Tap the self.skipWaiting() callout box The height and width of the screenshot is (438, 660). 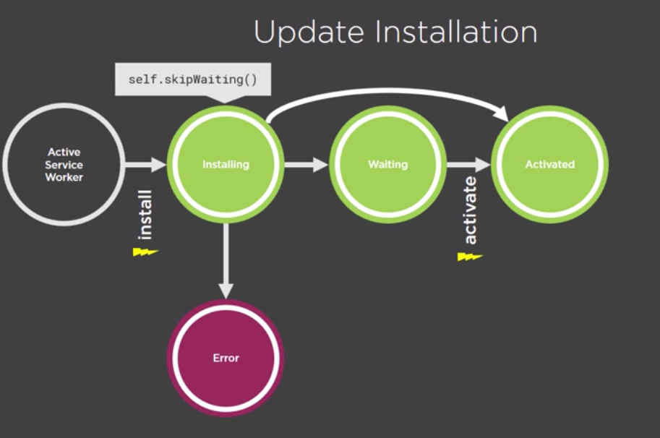(193, 78)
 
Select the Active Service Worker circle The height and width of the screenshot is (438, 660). (64, 164)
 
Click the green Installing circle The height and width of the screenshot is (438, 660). (226, 164)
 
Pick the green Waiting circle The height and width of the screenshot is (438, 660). (387, 164)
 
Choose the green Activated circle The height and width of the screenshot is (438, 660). (549, 164)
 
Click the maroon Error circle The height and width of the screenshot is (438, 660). (226, 358)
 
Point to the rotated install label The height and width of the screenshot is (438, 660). (145, 214)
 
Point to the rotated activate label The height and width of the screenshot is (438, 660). (471, 210)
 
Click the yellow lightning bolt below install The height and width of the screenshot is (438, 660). (145, 252)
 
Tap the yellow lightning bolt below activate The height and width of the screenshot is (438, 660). (469, 256)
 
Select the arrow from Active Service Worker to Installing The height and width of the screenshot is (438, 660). (145, 165)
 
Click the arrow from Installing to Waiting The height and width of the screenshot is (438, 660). (307, 165)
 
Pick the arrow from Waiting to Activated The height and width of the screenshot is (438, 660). (468, 165)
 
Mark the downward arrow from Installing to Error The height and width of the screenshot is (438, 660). (226, 260)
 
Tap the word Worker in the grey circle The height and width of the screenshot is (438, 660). (64, 177)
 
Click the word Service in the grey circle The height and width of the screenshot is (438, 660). (64, 165)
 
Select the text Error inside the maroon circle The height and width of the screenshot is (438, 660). (226, 358)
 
